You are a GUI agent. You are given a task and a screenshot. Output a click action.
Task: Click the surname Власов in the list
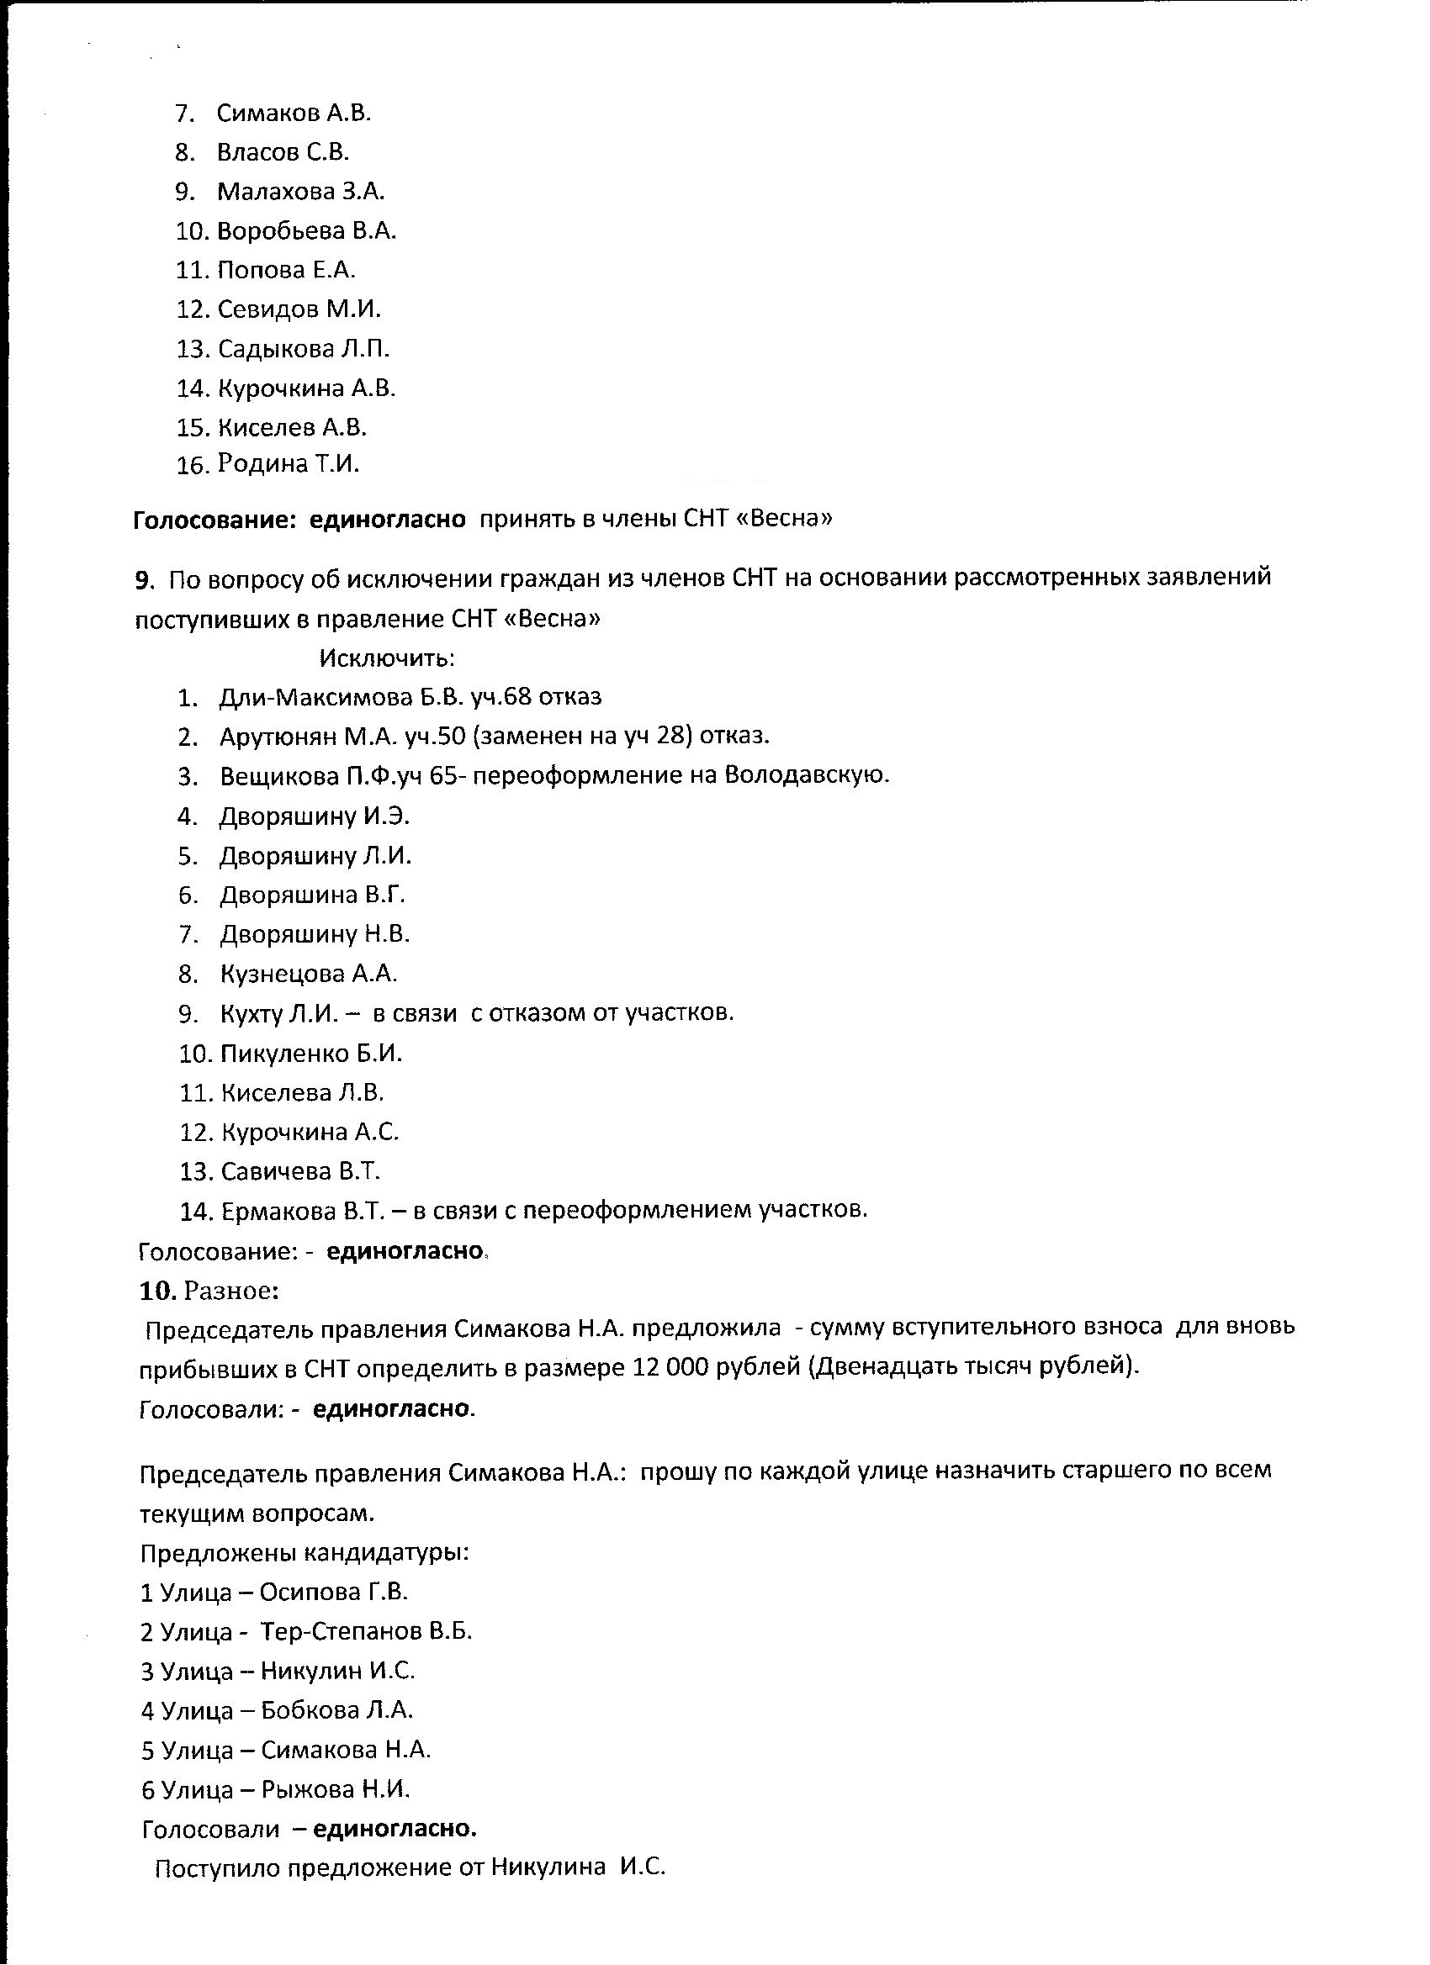coord(259,152)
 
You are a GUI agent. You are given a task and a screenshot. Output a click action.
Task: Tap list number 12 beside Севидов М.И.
coord(192,309)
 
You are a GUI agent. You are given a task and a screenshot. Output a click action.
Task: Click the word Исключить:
coord(388,658)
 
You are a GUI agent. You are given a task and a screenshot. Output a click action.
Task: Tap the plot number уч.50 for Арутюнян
coord(435,737)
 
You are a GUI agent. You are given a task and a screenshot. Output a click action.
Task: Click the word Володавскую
coord(806,775)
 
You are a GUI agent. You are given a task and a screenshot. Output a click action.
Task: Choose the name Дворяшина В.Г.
coord(312,895)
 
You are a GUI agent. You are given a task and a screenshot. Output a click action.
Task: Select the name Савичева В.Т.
coord(301,1172)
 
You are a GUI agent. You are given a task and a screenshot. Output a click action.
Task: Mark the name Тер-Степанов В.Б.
coord(366,1632)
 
